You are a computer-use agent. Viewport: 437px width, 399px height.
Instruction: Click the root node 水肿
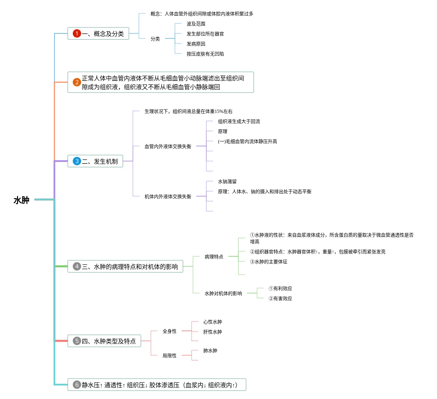point(21,200)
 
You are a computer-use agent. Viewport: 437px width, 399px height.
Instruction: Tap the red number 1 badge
point(77,33)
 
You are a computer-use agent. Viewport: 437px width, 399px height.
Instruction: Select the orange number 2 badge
point(77,82)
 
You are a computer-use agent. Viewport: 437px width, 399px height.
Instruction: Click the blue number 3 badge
point(77,161)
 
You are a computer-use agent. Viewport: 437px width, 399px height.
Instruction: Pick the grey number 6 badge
point(77,385)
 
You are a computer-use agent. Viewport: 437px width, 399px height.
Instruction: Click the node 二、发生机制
point(99,161)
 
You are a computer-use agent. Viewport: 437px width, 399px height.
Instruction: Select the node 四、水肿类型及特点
point(108,341)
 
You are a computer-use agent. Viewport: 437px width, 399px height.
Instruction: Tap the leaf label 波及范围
point(196,24)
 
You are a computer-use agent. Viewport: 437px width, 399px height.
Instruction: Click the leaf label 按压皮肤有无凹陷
point(205,54)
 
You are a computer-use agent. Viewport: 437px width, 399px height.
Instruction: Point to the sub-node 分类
point(155,39)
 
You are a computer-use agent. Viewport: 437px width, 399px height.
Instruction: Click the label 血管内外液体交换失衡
point(168,146)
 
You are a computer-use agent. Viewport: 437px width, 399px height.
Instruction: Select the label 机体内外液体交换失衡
point(168,196)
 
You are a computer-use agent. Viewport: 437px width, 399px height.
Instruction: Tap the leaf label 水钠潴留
point(227,182)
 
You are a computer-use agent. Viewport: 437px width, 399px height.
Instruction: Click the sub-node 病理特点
point(214,257)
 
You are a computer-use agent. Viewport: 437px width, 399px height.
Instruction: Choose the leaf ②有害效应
point(280,299)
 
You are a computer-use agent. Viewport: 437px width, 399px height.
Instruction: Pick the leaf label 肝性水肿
point(213,332)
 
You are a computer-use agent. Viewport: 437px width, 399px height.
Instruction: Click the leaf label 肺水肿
point(210,351)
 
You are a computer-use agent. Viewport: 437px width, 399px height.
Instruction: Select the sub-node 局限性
point(170,356)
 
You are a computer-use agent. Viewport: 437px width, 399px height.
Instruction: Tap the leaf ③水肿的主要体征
point(269,262)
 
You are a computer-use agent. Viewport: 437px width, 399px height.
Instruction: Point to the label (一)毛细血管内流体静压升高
point(247,142)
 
